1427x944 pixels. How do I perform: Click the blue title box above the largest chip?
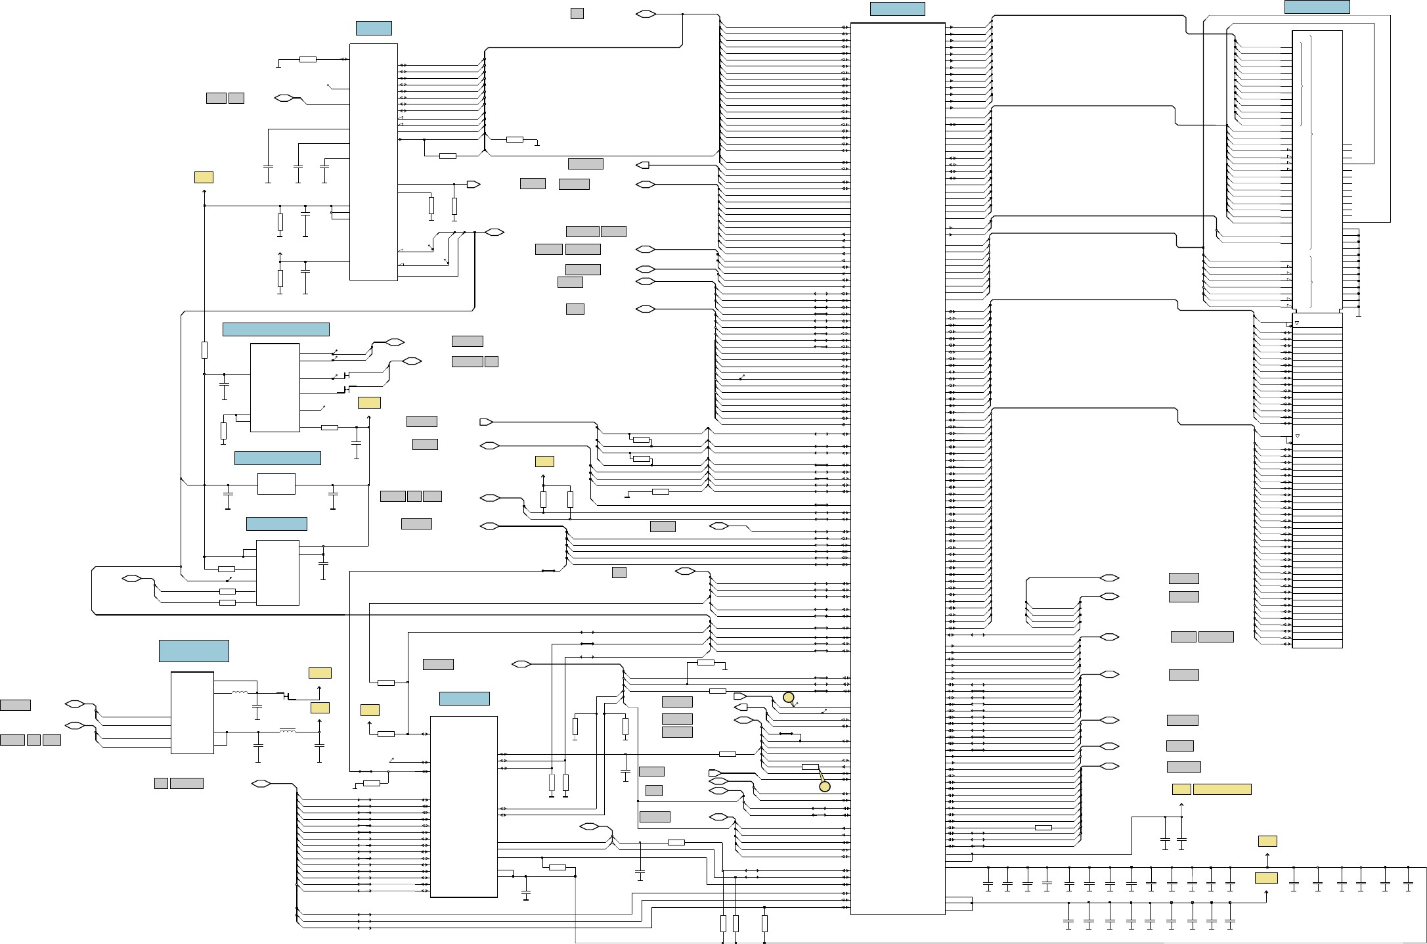(x=897, y=9)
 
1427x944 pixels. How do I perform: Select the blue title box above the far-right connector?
(x=1317, y=7)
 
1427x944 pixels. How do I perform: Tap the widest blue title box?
(x=276, y=329)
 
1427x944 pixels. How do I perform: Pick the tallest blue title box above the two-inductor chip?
(x=194, y=650)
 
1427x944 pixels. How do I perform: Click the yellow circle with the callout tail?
(x=825, y=786)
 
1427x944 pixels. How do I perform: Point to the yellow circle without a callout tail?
(x=789, y=697)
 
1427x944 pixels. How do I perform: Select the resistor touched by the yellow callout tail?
(x=810, y=767)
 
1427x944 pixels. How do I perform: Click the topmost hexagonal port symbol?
(x=646, y=14)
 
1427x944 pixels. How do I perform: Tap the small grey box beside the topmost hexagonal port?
(x=577, y=13)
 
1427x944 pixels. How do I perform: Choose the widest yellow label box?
(x=1221, y=789)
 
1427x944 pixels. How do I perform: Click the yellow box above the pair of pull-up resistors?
(x=544, y=461)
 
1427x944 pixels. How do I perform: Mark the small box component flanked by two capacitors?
(x=276, y=483)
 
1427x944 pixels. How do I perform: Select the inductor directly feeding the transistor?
(x=240, y=692)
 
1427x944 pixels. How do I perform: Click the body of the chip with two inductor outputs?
(x=192, y=712)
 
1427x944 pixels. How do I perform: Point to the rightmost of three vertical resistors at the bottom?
(x=764, y=923)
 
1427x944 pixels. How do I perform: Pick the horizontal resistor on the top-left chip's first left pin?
(x=307, y=59)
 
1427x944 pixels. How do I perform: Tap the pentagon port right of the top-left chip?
(x=473, y=184)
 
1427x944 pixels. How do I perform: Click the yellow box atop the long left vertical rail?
(x=204, y=177)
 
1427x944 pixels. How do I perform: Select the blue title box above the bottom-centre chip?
(x=464, y=698)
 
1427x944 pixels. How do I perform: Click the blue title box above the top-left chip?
(x=374, y=28)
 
